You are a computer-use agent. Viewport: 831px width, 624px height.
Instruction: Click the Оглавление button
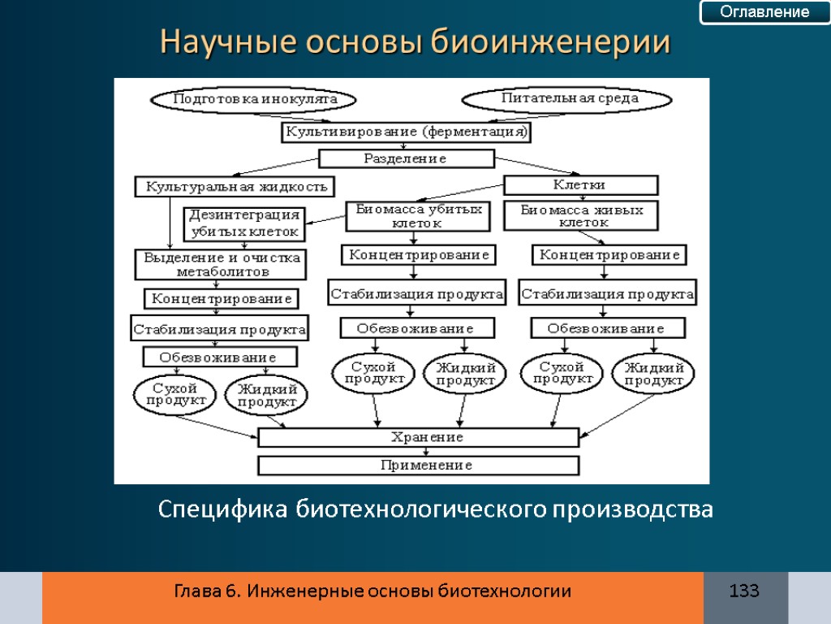pyautogui.click(x=765, y=12)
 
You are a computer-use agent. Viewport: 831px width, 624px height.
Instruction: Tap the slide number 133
pyautogui.click(x=744, y=591)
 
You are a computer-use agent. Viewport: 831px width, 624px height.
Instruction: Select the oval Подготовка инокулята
pyautogui.click(x=255, y=99)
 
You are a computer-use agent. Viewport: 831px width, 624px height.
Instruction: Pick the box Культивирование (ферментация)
pyautogui.click(x=406, y=132)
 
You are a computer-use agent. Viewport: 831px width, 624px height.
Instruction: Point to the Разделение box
pyautogui.click(x=406, y=158)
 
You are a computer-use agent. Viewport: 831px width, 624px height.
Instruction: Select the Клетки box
pyautogui.click(x=580, y=185)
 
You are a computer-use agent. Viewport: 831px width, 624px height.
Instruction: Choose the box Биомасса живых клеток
pyautogui.click(x=581, y=215)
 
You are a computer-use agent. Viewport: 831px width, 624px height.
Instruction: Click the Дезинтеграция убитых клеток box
pyautogui.click(x=244, y=224)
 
